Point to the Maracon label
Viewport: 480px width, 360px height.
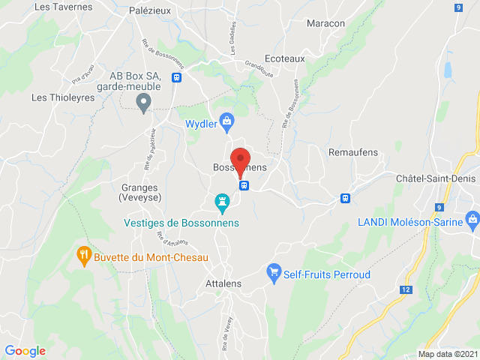pos(325,23)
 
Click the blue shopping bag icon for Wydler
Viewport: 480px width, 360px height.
pos(228,122)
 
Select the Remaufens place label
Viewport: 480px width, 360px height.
pos(353,152)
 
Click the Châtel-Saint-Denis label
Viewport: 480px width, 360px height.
pos(436,178)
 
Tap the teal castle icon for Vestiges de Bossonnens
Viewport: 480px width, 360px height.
pos(221,202)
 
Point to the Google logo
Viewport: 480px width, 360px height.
pos(25,350)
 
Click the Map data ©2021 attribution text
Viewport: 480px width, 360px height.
pos(447,354)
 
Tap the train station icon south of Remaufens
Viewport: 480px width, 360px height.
pos(345,199)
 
